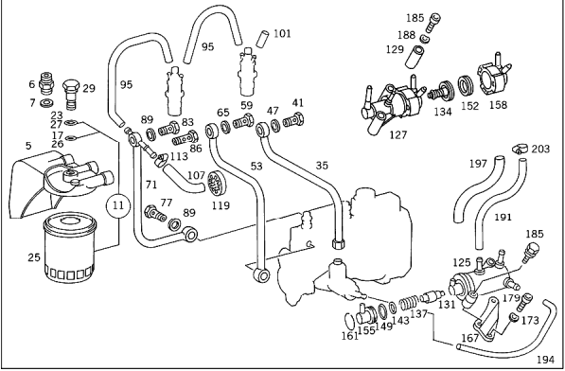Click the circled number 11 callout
click(x=118, y=206)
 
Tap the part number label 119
click(x=221, y=205)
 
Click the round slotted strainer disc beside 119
click(x=216, y=183)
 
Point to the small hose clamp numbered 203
click(x=520, y=149)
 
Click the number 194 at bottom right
click(x=545, y=359)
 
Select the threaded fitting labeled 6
click(x=46, y=83)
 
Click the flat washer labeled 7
click(x=46, y=103)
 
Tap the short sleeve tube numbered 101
click(x=262, y=39)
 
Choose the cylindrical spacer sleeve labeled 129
click(x=415, y=57)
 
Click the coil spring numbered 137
click(x=409, y=303)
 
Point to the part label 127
click(x=397, y=134)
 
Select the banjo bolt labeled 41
click(x=292, y=119)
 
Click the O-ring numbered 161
click(x=349, y=320)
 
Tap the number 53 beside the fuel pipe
click(x=256, y=167)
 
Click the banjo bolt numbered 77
click(x=155, y=213)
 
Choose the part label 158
click(x=498, y=105)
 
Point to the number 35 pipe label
click(x=322, y=166)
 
